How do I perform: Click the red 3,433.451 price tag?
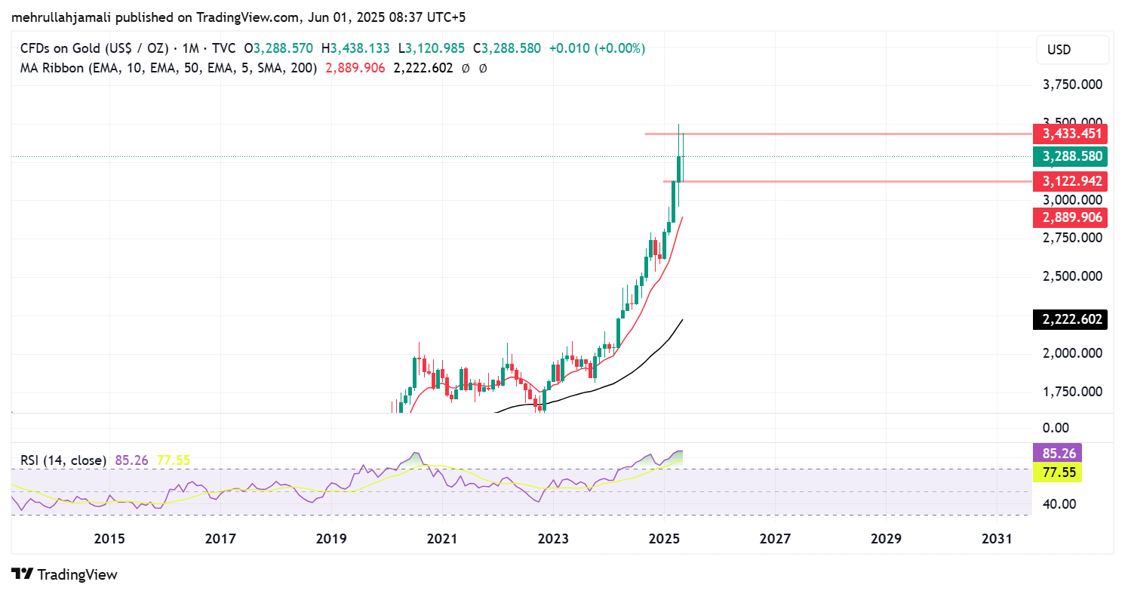pos(1072,134)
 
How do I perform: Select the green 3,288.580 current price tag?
pos(1072,157)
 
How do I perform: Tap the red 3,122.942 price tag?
pos(1072,181)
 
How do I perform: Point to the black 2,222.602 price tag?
pos(1072,319)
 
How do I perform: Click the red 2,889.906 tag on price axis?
pos(1072,217)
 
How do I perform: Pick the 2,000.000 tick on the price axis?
pos(1072,353)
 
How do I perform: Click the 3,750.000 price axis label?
pos(1072,85)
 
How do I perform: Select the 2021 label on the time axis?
pos(442,539)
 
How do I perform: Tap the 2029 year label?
pos(886,539)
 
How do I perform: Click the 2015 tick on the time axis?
pos(109,539)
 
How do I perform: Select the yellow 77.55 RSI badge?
pos(1056,473)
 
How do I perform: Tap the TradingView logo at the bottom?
pos(65,574)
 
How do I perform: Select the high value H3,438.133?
pos(355,48)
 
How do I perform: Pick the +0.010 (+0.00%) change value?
pos(597,48)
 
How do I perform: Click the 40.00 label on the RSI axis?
pos(1060,504)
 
